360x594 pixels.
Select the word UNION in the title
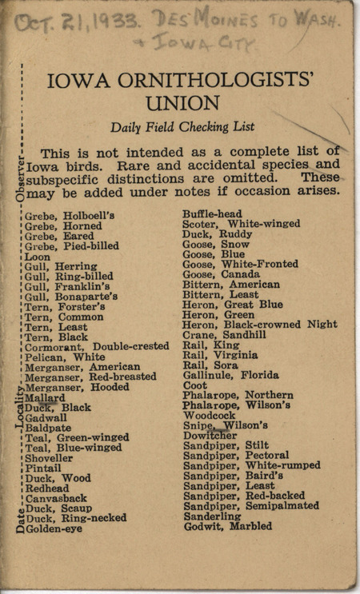[x=182, y=103]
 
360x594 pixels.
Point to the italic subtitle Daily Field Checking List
[x=182, y=126]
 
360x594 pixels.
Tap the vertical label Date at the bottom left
[x=20, y=521]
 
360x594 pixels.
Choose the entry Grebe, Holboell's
[x=70, y=215]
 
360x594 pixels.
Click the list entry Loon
[x=37, y=257]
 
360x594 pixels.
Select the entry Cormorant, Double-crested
[x=97, y=346]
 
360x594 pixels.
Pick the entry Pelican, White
[x=65, y=357]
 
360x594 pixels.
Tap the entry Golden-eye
[x=54, y=528]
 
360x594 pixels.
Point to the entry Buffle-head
[x=212, y=214]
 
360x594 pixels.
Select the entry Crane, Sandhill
[x=224, y=335]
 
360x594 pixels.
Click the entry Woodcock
[x=209, y=415]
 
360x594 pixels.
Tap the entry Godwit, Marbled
[x=227, y=526]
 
